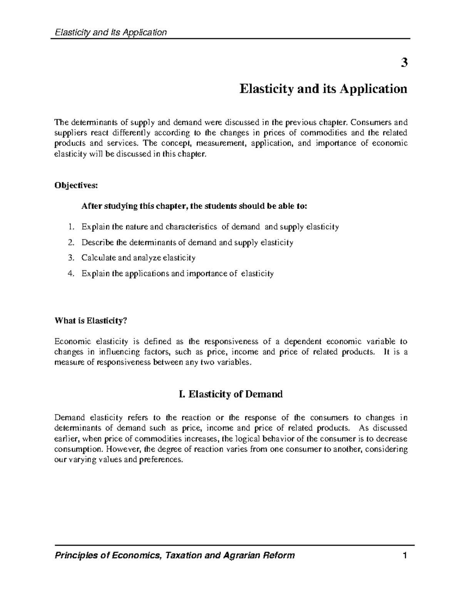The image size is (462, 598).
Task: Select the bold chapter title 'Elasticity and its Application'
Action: pyautogui.click(x=323, y=89)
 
